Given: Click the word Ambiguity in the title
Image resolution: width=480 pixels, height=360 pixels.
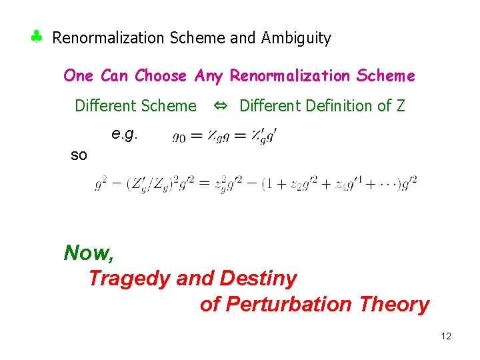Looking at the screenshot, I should (296, 39).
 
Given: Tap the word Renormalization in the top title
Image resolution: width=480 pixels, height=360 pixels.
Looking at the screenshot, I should (109, 38).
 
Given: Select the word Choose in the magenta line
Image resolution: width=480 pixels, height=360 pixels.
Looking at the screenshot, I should (161, 76).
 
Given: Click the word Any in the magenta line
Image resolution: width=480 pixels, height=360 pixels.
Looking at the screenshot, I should (209, 76).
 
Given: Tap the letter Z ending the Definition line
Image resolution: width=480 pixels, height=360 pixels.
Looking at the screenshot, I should (400, 105).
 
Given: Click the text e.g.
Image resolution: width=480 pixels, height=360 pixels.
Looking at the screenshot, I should (124, 134).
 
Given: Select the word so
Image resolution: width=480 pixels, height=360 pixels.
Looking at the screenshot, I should (79, 155).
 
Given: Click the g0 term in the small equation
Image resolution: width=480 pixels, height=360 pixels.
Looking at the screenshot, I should (179, 137).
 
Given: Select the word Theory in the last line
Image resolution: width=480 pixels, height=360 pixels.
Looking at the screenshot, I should (394, 304).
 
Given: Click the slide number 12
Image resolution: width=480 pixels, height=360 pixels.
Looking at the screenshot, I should (446, 336).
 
